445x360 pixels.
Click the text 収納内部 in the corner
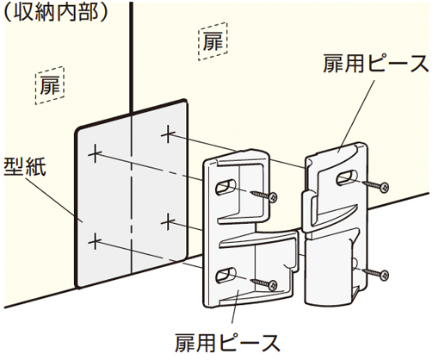pyautogui.click(x=56, y=12)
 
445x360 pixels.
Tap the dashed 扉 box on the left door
pyautogui.click(x=50, y=85)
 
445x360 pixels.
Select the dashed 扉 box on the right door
pyautogui.click(x=213, y=41)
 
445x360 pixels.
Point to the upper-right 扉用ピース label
pyautogui.click(x=376, y=64)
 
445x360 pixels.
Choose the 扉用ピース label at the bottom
pyautogui.click(x=227, y=343)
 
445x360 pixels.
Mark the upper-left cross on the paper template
pyautogui.click(x=95, y=153)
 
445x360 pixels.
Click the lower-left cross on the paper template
pyautogui.click(x=95, y=241)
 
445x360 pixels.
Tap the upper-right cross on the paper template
pyautogui.click(x=169, y=134)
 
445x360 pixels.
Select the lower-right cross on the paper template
pyautogui.click(x=169, y=221)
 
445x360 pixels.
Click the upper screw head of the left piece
pyautogui.click(x=273, y=197)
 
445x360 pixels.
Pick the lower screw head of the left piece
pyautogui.click(x=273, y=285)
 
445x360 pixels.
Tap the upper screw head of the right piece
pyautogui.click(x=384, y=188)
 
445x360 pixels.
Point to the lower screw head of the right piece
pyautogui.click(x=384, y=276)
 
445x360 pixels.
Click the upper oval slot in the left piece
pyautogui.click(x=226, y=187)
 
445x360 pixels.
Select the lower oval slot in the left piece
pyautogui.click(x=226, y=275)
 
